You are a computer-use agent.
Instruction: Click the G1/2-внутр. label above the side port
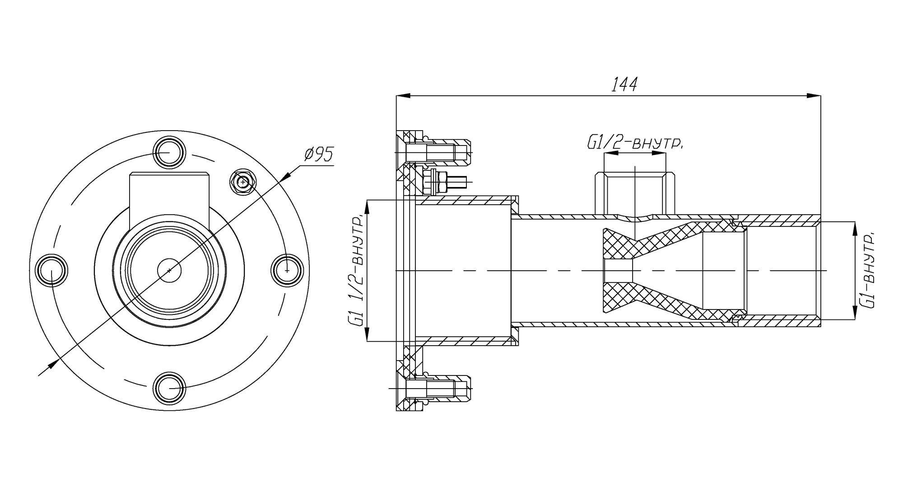pyautogui.click(x=634, y=143)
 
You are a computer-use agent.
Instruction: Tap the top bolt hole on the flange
pyautogui.click(x=169, y=153)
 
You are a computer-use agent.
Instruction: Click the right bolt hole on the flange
pyautogui.click(x=287, y=270)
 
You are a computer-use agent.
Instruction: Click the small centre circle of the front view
pyautogui.click(x=169, y=270)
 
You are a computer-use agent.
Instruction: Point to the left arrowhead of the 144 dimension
pyautogui.click(x=403, y=96)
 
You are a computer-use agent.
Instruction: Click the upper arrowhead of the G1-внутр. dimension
pyautogui.click(x=855, y=229)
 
